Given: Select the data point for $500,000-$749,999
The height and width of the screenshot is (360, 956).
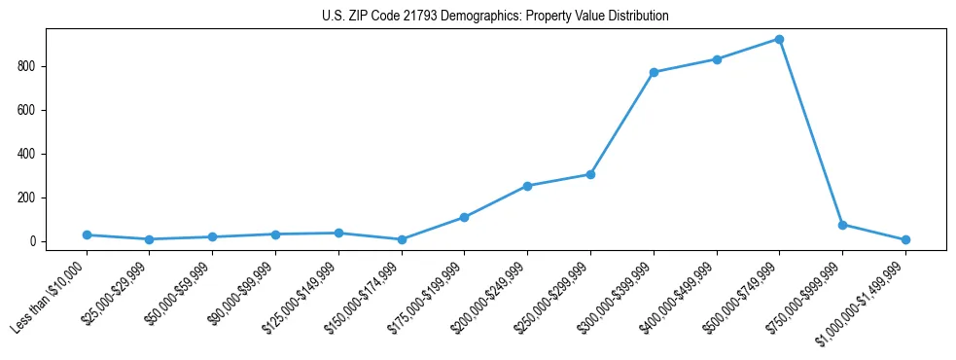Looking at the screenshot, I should click(x=779, y=39).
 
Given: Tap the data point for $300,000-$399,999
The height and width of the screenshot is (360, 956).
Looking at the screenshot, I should click(x=654, y=72).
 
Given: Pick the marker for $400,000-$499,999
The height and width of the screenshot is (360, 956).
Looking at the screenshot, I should click(x=717, y=59).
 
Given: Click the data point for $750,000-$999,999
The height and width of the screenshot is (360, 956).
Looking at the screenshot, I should click(x=842, y=225).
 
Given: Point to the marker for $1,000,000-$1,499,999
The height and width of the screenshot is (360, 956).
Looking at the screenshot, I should click(x=905, y=239).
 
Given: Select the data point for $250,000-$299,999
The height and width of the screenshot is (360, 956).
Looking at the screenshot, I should click(x=590, y=174).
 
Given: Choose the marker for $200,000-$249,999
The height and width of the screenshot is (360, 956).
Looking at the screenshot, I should click(x=527, y=186).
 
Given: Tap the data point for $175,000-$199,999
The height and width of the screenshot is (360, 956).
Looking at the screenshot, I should click(x=464, y=217).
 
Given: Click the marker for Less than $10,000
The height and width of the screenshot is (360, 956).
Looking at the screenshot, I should click(x=87, y=234).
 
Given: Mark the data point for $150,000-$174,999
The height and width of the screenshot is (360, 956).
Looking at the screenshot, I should click(x=401, y=239).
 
